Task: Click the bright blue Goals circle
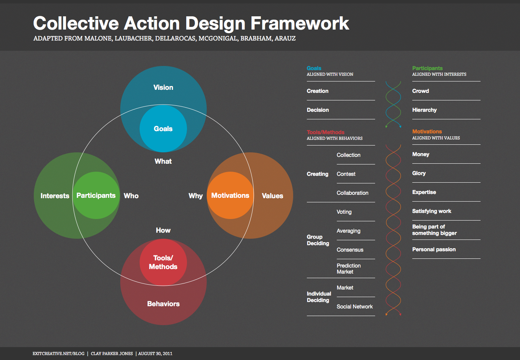coord(163,128)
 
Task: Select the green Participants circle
coord(96,195)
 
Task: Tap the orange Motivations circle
coord(230,195)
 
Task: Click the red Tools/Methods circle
coord(163,262)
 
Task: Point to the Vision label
coord(163,88)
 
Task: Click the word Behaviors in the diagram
coord(163,304)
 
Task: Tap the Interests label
coord(55,196)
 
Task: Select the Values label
coord(273,196)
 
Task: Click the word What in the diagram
coord(163,161)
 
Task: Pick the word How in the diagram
coord(163,230)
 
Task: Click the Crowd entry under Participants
coord(420,91)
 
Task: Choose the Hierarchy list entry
coord(424,110)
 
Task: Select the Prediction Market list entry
coord(349,269)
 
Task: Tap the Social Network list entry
coord(355,307)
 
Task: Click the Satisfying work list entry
coord(432,211)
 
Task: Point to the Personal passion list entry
coord(434,249)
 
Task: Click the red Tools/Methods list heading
coord(325,132)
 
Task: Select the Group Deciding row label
coord(318,240)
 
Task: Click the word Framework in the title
coord(300,23)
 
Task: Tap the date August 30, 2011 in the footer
coord(155,354)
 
